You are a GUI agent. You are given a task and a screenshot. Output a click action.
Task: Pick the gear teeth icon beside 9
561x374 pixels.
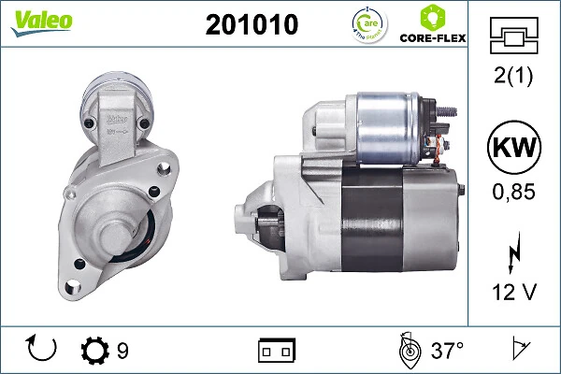[x=95, y=351]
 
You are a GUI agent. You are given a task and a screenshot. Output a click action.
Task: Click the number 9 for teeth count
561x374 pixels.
[x=122, y=352]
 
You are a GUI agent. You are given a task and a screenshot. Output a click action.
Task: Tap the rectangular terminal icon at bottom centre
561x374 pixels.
[x=276, y=351]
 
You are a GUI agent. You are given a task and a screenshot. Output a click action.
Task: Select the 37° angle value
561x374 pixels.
[x=447, y=352]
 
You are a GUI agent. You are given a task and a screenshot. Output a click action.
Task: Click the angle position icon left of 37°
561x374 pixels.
[x=408, y=350]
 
